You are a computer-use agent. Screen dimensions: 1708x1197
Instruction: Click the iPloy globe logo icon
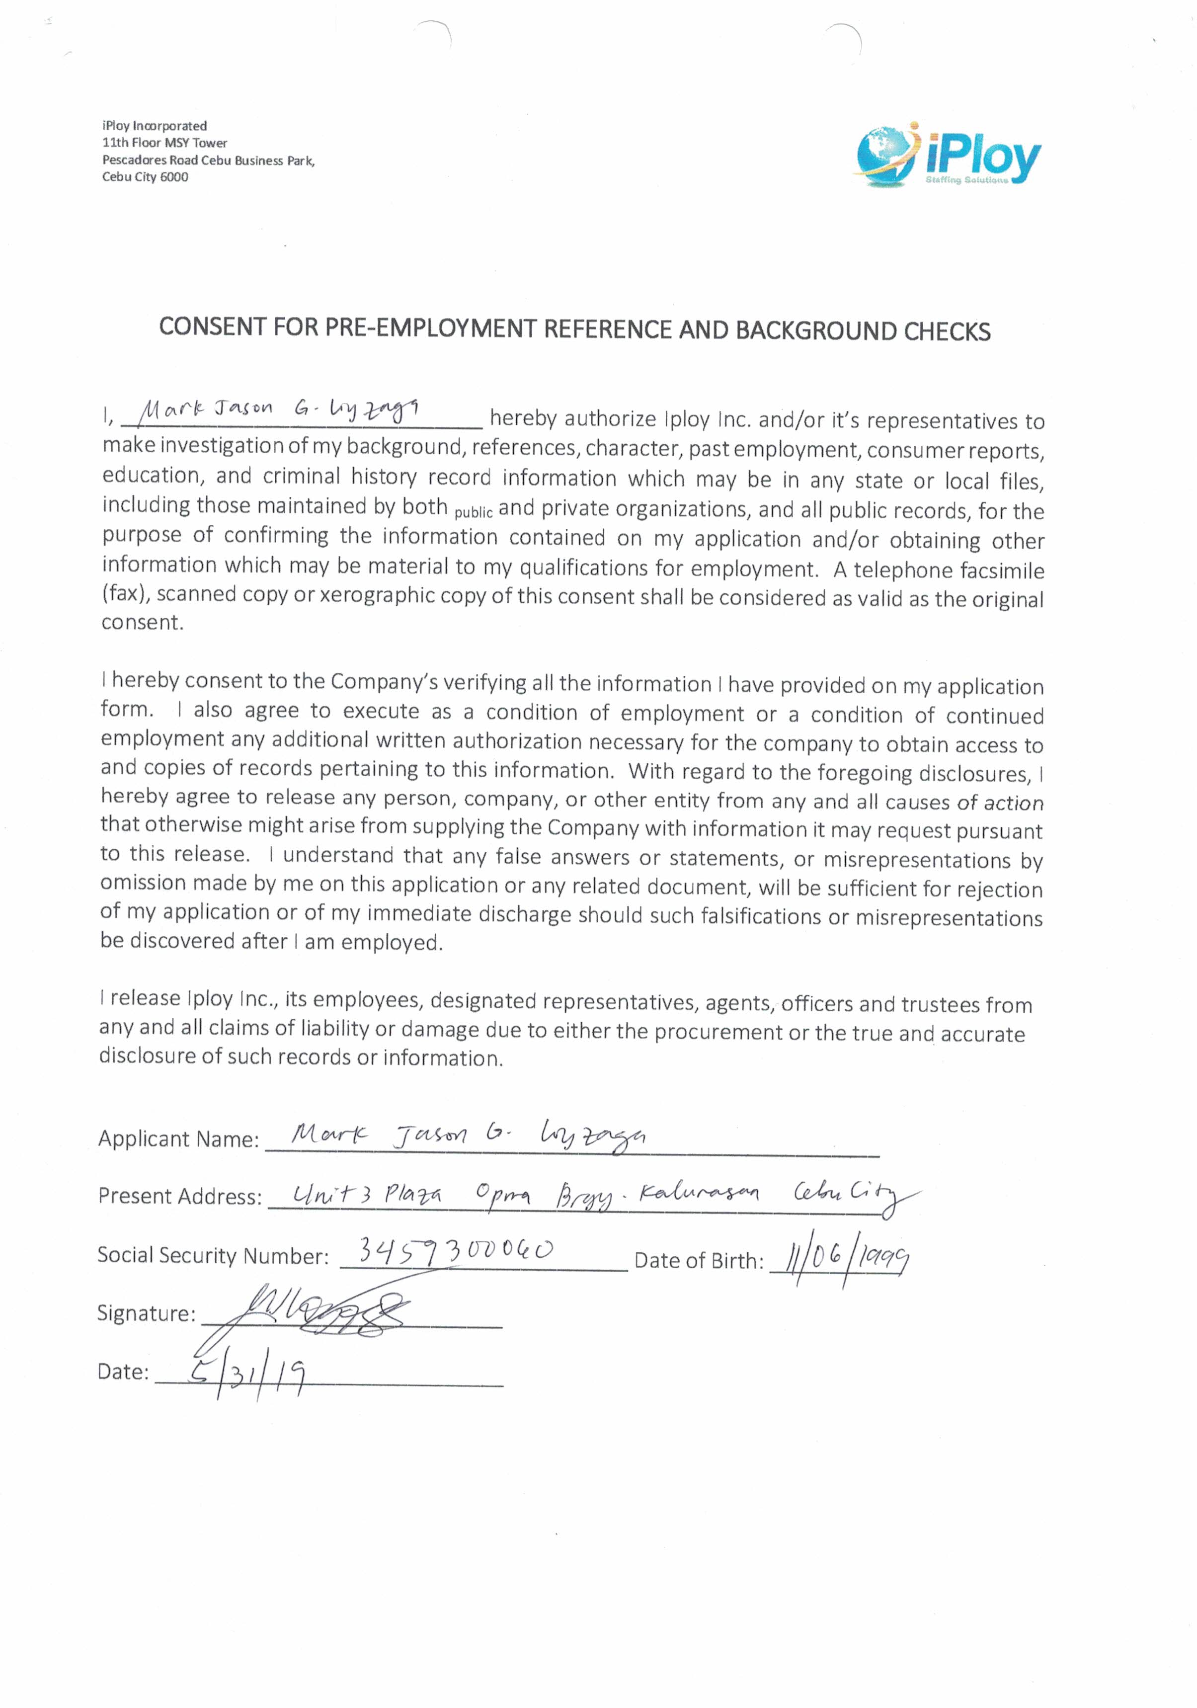click(886, 154)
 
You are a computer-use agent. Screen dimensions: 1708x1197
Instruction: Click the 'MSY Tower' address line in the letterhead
click(164, 143)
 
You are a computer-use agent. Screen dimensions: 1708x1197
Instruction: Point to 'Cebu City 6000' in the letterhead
click(145, 177)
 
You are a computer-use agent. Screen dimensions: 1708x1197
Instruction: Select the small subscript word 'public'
click(473, 512)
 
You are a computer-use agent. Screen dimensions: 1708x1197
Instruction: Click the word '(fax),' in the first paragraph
click(127, 594)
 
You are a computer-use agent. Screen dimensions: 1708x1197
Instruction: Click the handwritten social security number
click(455, 1250)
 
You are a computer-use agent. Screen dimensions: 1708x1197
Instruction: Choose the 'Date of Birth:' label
click(699, 1261)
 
